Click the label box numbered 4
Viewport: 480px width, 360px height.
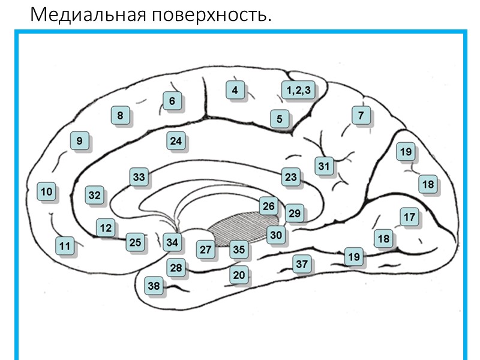(x=235, y=91)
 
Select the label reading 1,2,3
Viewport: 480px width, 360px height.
(x=298, y=91)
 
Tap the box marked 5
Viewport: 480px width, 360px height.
(x=279, y=119)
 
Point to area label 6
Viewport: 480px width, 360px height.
(x=172, y=101)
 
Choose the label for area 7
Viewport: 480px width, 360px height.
(x=361, y=115)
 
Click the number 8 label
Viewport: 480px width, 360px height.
(x=120, y=115)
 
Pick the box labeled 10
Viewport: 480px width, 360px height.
(x=46, y=192)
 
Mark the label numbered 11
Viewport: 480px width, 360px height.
(x=65, y=245)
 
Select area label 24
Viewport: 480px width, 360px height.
(x=175, y=142)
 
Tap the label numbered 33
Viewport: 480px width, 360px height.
(x=139, y=177)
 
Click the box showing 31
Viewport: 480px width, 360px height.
(x=325, y=166)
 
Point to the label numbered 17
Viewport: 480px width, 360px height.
(x=409, y=217)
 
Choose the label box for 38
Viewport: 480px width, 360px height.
(x=154, y=286)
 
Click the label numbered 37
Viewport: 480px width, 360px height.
(x=302, y=263)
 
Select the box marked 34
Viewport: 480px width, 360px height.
(x=172, y=242)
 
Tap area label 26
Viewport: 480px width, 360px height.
(x=268, y=206)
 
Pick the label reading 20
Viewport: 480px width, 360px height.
(x=239, y=275)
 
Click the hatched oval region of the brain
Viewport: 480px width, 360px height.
(x=240, y=228)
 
